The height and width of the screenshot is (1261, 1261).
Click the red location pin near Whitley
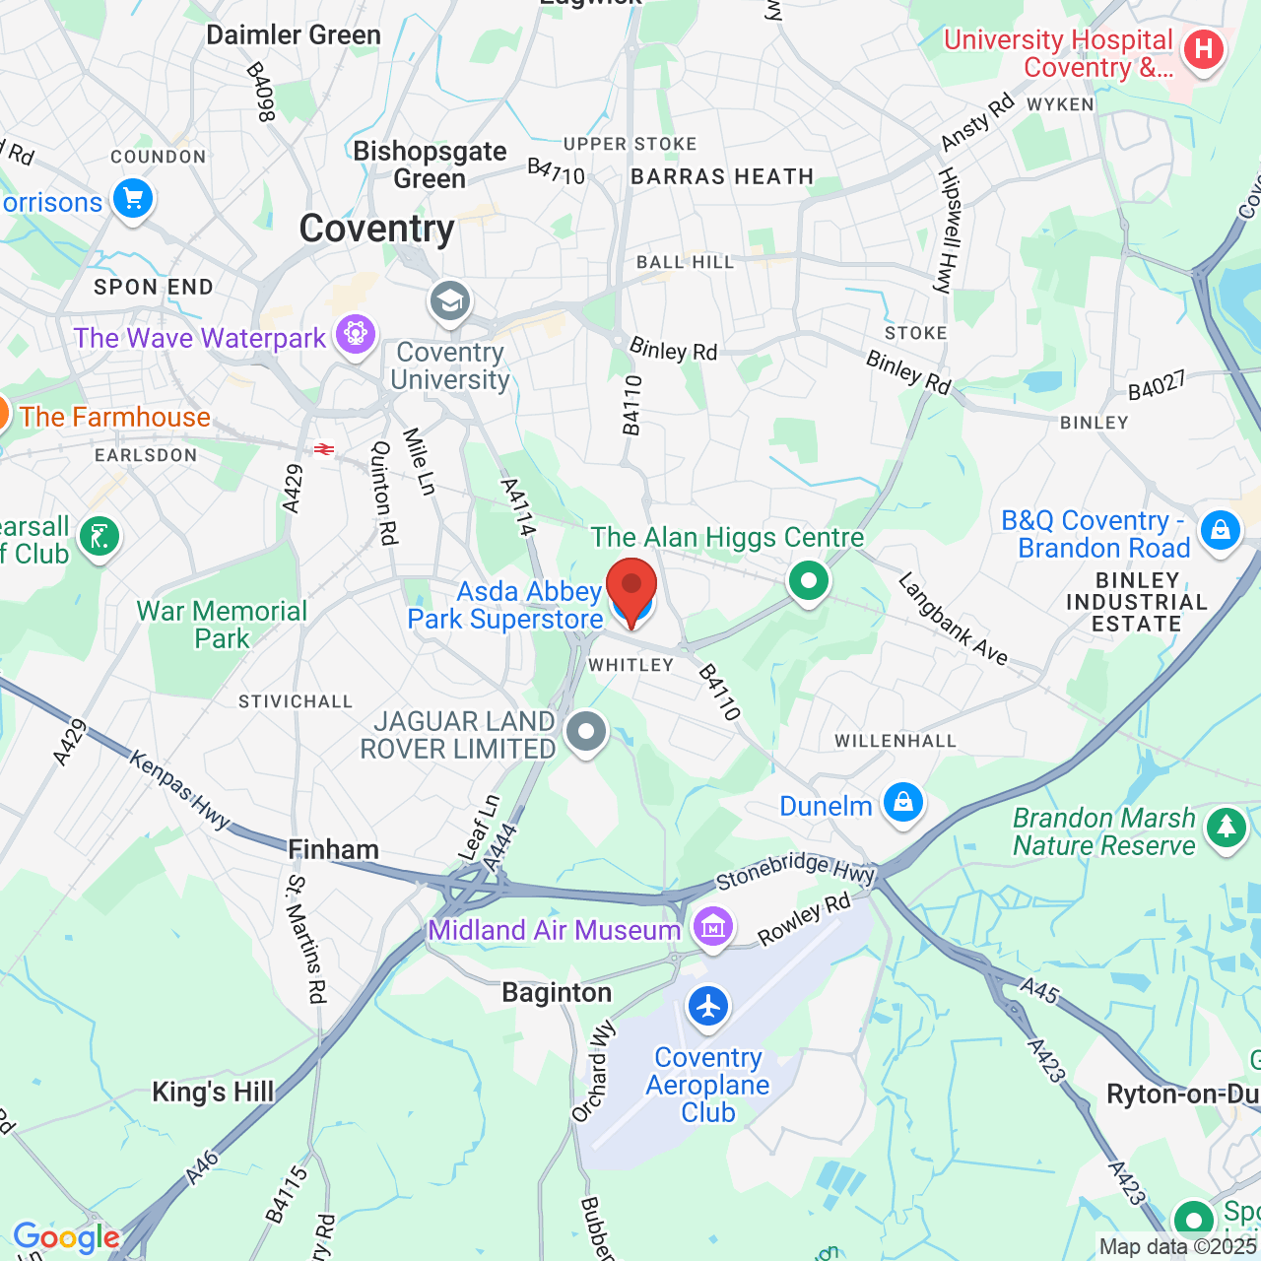[x=630, y=589]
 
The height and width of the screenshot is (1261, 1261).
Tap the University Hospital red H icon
[x=1203, y=49]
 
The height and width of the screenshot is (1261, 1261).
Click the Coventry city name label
[x=376, y=229]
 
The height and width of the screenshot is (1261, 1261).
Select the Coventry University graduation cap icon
[x=450, y=301]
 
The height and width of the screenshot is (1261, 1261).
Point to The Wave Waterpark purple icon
[x=356, y=335]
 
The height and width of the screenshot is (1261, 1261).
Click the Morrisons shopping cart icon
[x=133, y=200]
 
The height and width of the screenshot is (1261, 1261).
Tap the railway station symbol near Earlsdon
[x=323, y=449]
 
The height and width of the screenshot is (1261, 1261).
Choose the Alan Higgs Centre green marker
[x=809, y=581]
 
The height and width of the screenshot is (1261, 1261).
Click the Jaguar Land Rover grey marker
[x=587, y=732]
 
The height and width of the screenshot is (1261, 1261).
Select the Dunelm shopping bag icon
[x=902, y=802]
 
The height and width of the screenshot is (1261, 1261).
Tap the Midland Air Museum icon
[x=712, y=926]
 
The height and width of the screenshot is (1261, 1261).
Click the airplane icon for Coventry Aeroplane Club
[x=708, y=1007]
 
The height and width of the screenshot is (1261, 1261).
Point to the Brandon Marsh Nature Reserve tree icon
[x=1227, y=828]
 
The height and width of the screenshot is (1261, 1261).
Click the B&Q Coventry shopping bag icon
[x=1221, y=531]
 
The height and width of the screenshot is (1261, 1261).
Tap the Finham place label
[x=333, y=849]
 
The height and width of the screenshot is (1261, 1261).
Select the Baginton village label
[x=557, y=992]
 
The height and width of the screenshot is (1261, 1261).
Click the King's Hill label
[x=213, y=1092]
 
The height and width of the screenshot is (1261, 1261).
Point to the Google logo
[x=66, y=1237]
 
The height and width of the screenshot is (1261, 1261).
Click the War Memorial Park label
[x=222, y=625]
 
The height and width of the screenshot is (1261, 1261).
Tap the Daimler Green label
[x=293, y=35]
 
